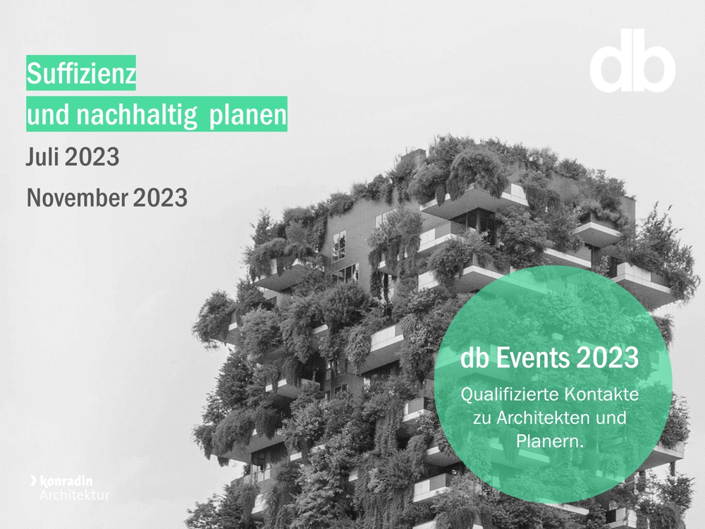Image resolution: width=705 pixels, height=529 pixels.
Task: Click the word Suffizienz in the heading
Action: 81,73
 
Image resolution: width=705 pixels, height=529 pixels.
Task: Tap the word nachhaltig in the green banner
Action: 137,115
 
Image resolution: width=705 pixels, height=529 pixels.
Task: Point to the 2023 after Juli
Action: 92,157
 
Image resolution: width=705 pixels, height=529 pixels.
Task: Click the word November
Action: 77,198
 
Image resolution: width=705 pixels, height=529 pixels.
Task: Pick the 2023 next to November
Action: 160,198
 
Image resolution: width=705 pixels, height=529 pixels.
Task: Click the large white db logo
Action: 632,61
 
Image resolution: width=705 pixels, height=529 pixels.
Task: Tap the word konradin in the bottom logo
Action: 66,481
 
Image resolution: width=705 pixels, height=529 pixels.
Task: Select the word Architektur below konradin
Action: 74,495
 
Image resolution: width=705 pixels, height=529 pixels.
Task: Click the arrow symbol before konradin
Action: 34,480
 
